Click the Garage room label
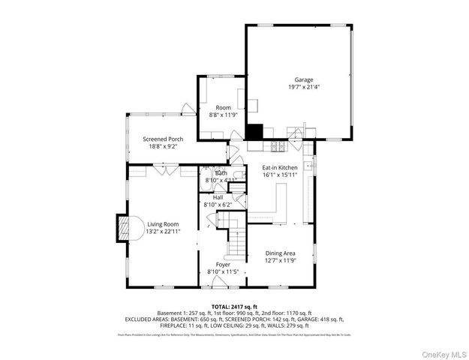tap(303, 79)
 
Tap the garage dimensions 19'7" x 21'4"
tap(303, 87)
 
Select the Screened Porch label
tap(163, 139)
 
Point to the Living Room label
tap(163, 224)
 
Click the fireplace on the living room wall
tap(123, 228)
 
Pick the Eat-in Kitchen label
tap(280, 167)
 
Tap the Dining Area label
tap(279, 253)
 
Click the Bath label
tap(221, 173)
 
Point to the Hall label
tap(218, 197)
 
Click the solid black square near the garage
tap(256, 131)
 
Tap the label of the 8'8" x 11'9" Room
tap(223, 108)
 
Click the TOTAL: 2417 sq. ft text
tap(234, 307)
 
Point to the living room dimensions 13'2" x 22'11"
tap(163, 232)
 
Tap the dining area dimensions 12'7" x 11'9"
tap(279, 261)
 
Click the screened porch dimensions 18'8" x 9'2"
tap(163, 146)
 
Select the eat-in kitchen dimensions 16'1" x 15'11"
tap(280, 175)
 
